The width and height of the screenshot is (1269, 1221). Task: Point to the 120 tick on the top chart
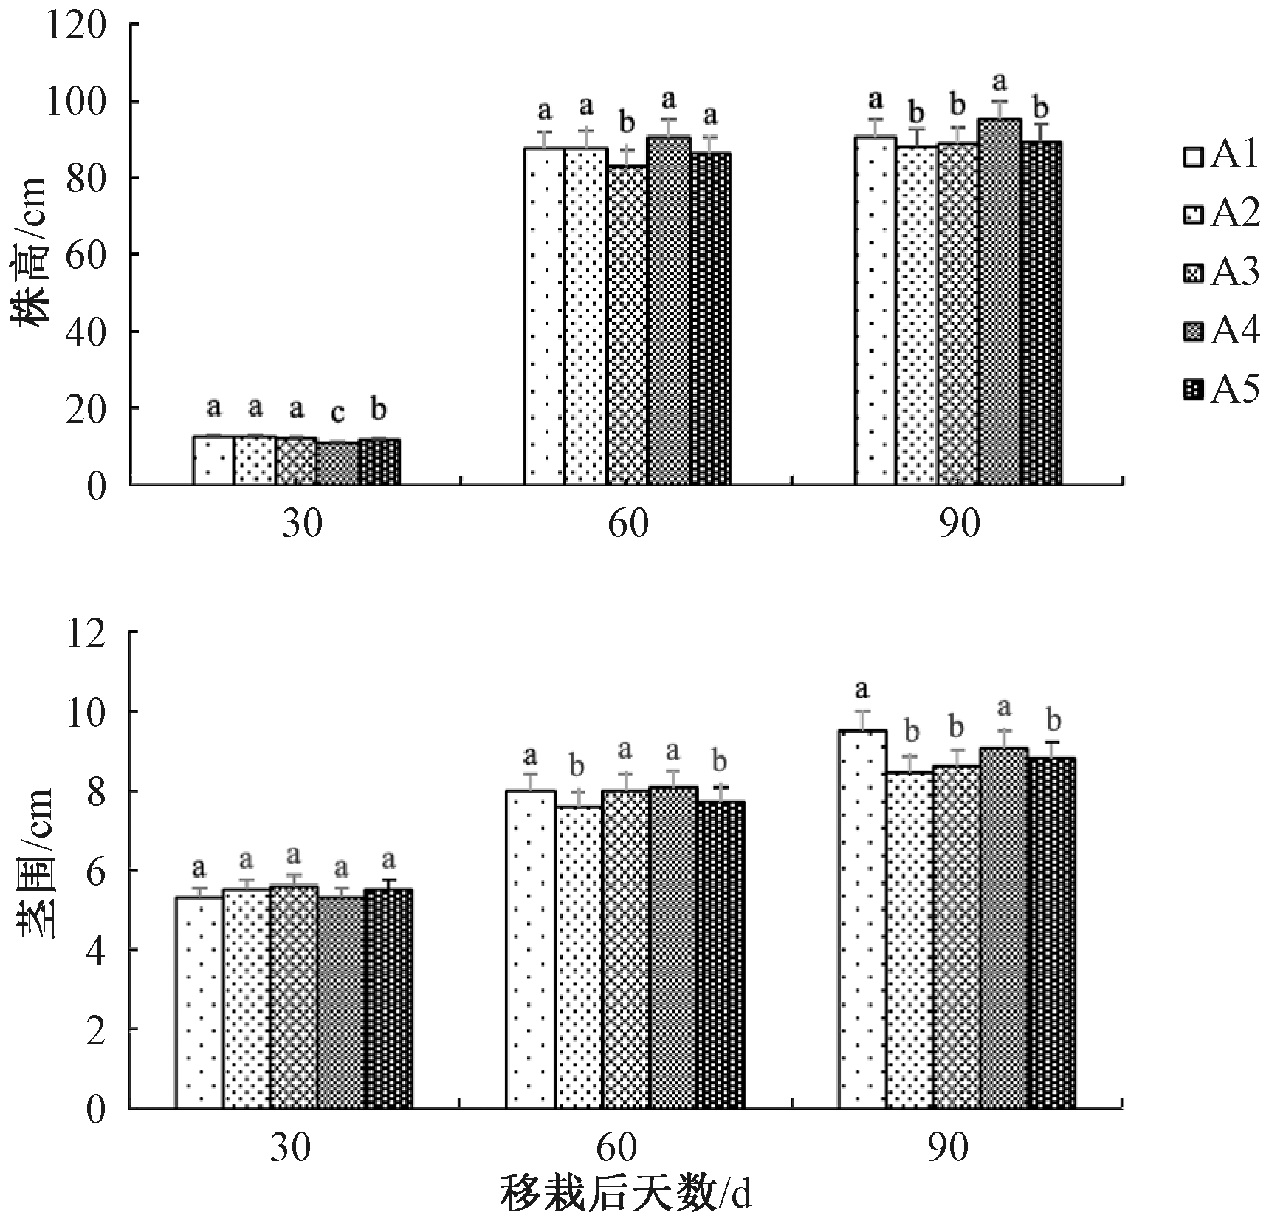(x=75, y=27)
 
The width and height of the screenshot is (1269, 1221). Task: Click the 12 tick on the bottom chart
(x=86, y=635)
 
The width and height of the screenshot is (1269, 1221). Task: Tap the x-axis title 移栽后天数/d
(x=625, y=1193)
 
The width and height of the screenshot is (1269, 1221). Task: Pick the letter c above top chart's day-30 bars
(x=337, y=413)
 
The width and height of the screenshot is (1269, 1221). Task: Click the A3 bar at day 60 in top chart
(x=627, y=325)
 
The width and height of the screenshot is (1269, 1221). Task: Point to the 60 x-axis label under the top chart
(x=628, y=524)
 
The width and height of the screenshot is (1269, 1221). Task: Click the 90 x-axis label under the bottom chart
(x=946, y=1149)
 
